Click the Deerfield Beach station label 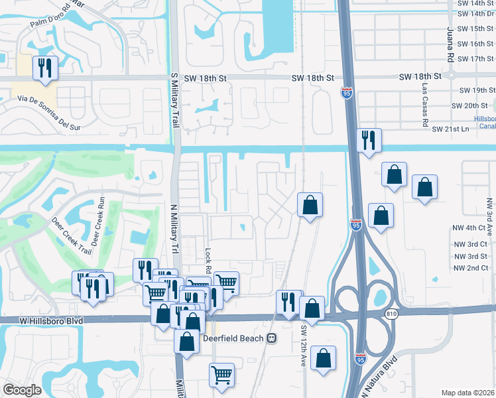pyautogui.click(x=233, y=338)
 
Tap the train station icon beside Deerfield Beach pyautogui.click(x=271, y=338)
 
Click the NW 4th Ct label pyautogui.click(x=470, y=228)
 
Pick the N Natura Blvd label pyautogui.click(x=385, y=375)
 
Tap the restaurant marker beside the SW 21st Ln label pyautogui.click(x=368, y=140)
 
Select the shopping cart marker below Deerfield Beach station pyautogui.click(x=221, y=374)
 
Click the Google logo pyautogui.click(x=23, y=390)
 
